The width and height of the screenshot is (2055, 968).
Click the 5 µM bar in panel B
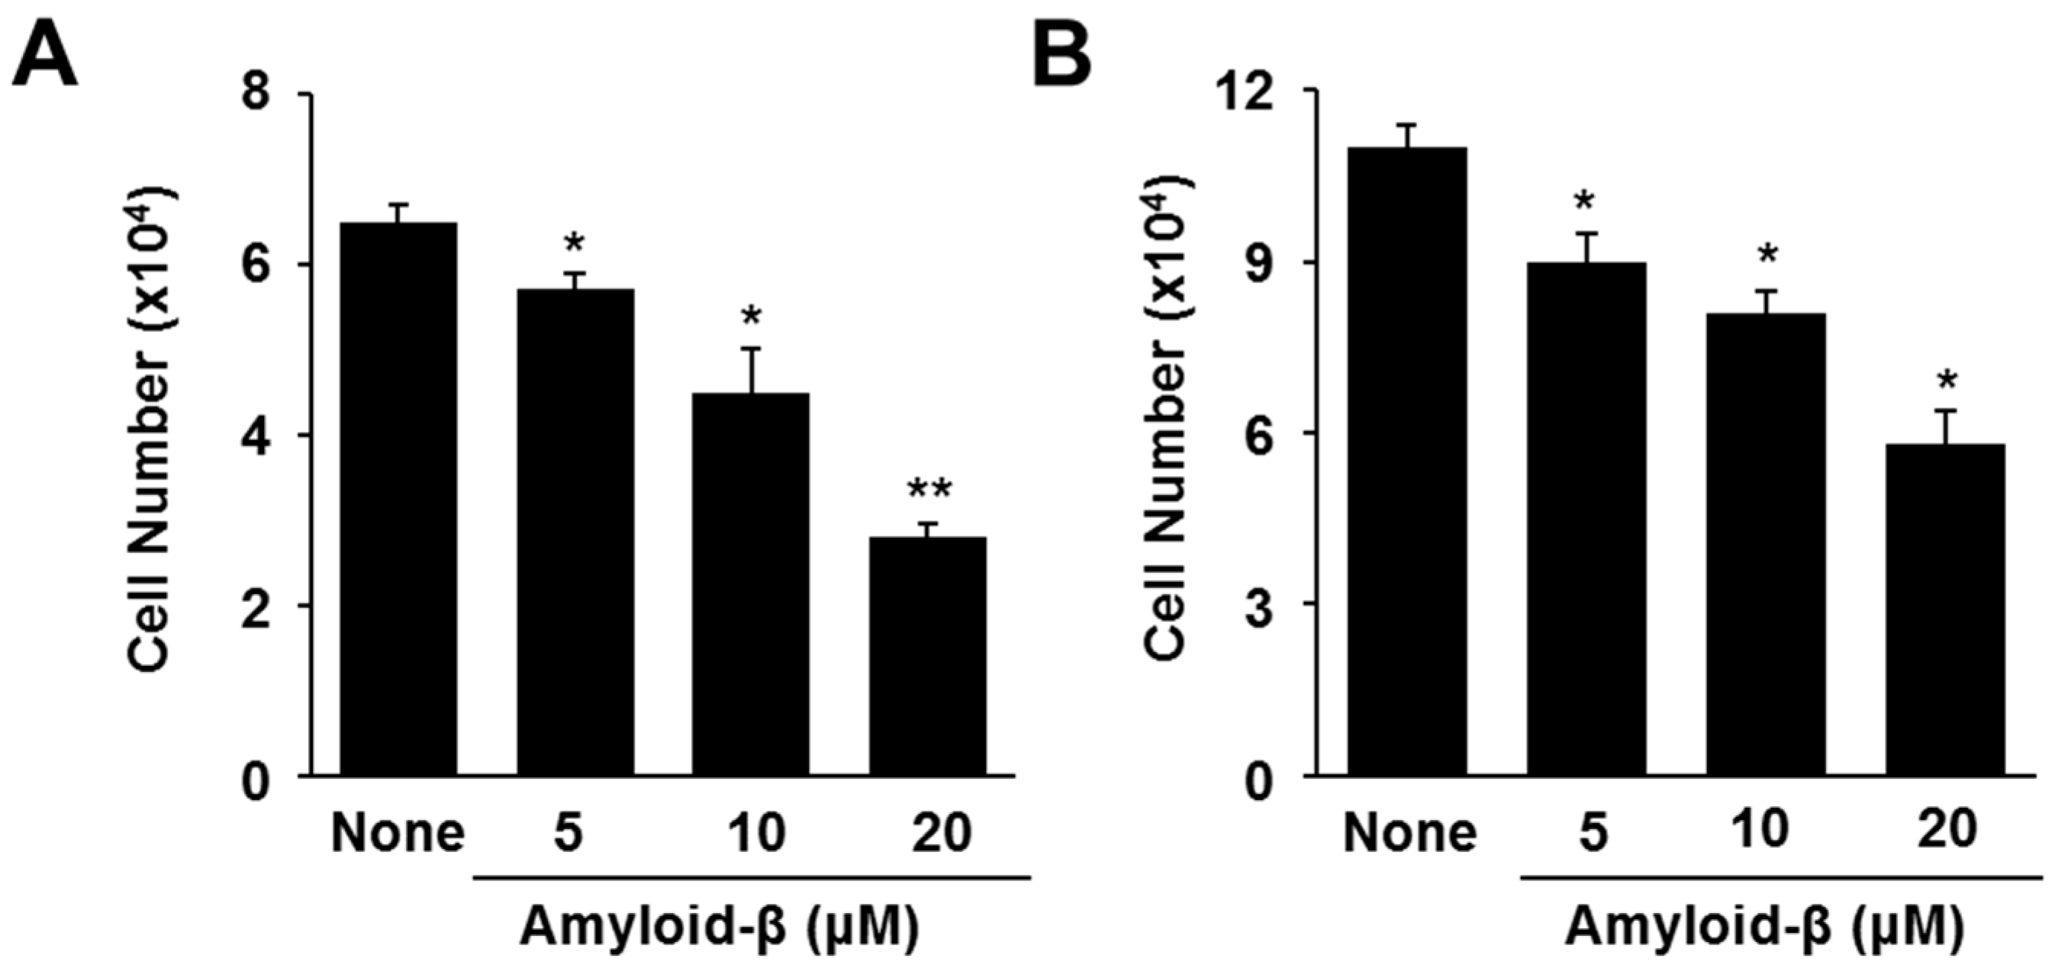coord(1586,518)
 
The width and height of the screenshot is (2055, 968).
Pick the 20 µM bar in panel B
coord(1946,609)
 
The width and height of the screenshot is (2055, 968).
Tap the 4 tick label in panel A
coord(256,436)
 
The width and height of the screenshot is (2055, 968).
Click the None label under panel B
coord(1409,832)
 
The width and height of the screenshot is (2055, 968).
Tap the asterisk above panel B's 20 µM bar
coord(1947,381)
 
